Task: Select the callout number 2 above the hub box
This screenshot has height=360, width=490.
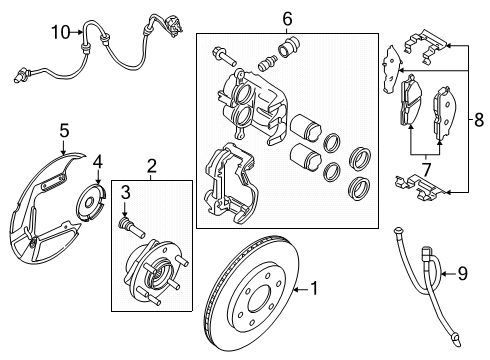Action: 151,166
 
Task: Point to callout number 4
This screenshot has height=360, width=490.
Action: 98,161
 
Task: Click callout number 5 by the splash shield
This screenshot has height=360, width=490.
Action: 63,130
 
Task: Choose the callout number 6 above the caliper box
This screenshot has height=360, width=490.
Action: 287,18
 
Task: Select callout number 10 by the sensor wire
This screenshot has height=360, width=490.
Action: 60,32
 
